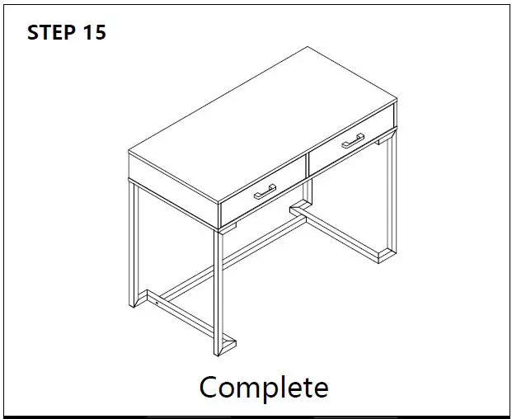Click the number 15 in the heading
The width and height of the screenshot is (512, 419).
click(94, 33)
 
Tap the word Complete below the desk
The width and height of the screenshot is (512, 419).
click(263, 387)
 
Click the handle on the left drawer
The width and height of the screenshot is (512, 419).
click(265, 192)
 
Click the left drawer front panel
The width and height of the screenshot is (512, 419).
click(263, 193)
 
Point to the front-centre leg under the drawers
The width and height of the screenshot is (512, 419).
click(220, 289)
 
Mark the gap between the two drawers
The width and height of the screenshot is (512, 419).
click(307, 166)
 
